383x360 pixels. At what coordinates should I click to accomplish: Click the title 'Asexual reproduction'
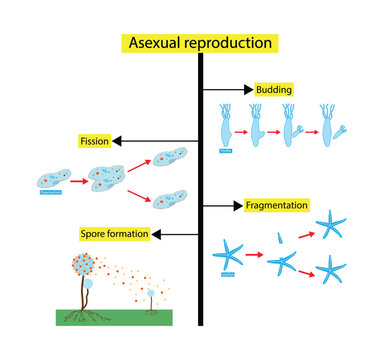pyautogui.click(x=199, y=43)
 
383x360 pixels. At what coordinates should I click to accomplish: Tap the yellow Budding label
pyautogui.click(x=272, y=89)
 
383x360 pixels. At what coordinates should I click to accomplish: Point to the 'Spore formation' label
pyautogui.click(x=115, y=234)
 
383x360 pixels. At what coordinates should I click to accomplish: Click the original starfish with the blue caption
pyautogui.click(x=228, y=255)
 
